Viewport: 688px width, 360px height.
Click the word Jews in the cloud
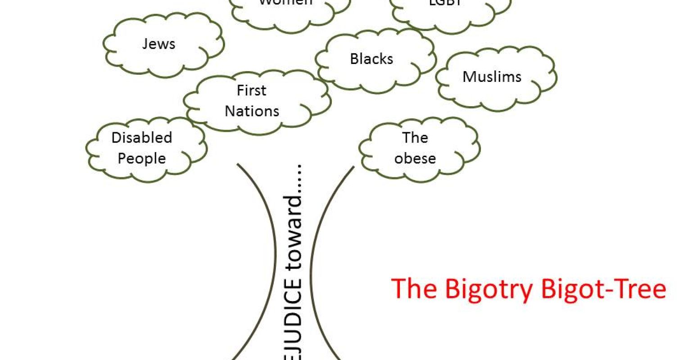pos(158,44)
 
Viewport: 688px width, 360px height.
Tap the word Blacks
pos(371,59)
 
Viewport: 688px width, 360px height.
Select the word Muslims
pos(492,76)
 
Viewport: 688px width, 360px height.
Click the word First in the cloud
pos(251,90)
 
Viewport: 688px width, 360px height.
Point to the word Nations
pos(252,111)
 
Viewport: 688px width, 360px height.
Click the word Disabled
pos(142,138)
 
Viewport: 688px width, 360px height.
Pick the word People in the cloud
pos(142,158)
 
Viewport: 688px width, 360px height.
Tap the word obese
pos(415,158)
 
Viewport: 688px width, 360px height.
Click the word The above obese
pos(415,138)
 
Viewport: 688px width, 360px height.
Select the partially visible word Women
pos(285,3)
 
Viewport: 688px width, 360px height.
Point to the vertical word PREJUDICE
pos(293,324)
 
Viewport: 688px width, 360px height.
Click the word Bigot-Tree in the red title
pos(603,289)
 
